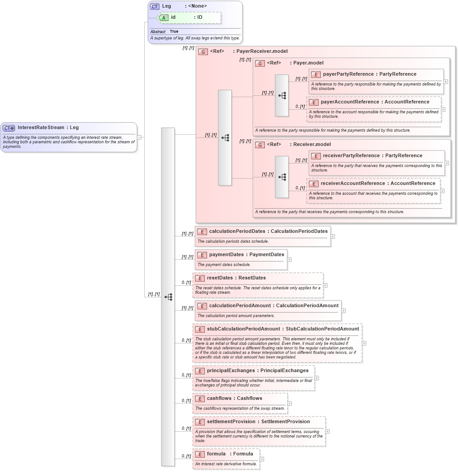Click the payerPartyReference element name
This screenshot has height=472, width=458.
pyautogui.click(x=348, y=74)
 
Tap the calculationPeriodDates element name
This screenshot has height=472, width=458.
pyautogui.click(x=237, y=231)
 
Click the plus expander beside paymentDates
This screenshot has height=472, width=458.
pyautogui.click(x=289, y=259)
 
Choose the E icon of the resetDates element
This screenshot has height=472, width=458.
pyautogui.click(x=200, y=278)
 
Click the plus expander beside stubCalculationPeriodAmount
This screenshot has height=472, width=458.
pyautogui.click(x=364, y=343)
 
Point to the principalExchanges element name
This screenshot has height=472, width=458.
pyautogui.click(x=231, y=371)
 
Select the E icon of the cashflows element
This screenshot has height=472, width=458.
pyautogui.click(x=200, y=399)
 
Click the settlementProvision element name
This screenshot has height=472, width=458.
pyautogui.click(x=231, y=421)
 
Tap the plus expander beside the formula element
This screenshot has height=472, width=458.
pyautogui.click(x=262, y=459)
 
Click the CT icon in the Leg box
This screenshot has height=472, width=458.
pyautogui.click(x=155, y=6)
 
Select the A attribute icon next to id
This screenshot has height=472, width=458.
pyautogui.click(x=164, y=17)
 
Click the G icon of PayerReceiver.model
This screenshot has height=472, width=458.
pyautogui.click(x=203, y=51)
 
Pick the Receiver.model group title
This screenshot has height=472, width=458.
pyautogui.click(x=312, y=144)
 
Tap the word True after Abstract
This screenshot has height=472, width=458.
pyautogui.click(x=174, y=32)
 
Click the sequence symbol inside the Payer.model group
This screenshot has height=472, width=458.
pyautogui.click(x=282, y=95)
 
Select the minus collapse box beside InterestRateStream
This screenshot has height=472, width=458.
pyautogui.click(x=139, y=137)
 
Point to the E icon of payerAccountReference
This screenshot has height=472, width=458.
pyautogui.click(x=314, y=102)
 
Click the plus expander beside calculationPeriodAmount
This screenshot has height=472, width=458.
pyautogui.click(x=343, y=310)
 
